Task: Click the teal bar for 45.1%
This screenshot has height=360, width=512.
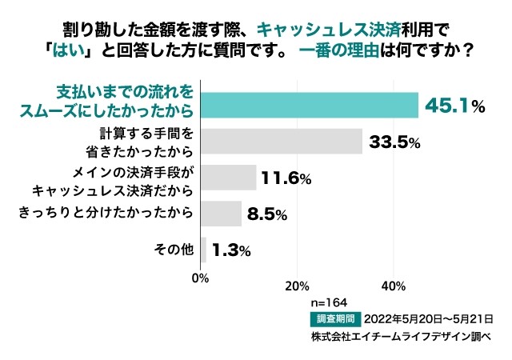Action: click(309, 105)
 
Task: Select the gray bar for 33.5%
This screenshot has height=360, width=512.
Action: click(281, 142)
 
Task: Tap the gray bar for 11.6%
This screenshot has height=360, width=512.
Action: click(229, 178)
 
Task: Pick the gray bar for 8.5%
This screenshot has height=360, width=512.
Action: click(221, 214)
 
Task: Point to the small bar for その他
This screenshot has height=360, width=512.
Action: click(203, 250)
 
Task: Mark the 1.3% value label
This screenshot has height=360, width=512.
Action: click(231, 250)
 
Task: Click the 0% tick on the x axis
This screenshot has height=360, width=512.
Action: click(201, 279)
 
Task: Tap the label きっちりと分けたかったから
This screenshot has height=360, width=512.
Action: click(106, 213)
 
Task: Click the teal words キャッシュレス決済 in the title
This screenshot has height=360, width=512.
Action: click(333, 30)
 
